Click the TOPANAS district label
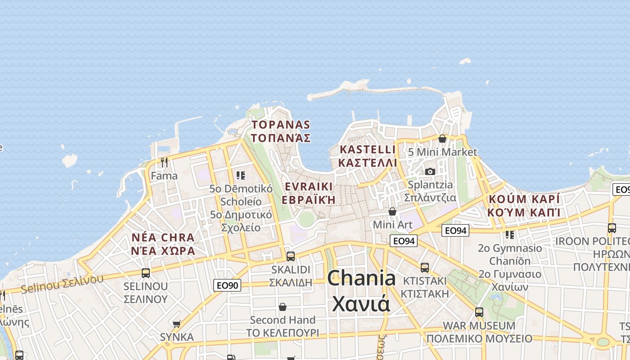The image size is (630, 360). pyautogui.click(x=281, y=131)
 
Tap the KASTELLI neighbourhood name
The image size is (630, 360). pyautogui.click(x=368, y=156)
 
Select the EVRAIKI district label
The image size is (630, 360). pyautogui.click(x=309, y=193)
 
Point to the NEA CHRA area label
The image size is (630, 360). pyautogui.click(x=163, y=244)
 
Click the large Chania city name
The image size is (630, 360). pyautogui.click(x=361, y=291)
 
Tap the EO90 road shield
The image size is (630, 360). pyautogui.click(x=227, y=285)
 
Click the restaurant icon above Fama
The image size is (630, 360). pyautogui.click(x=164, y=162)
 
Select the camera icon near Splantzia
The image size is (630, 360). pyautogui.click(x=430, y=171)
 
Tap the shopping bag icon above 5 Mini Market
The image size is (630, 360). pyautogui.click(x=442, y=139)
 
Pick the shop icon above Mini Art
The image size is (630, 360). pyautogui.click(x=392, y=211)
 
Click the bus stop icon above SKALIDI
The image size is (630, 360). pyautogui.click(x=291, y=256)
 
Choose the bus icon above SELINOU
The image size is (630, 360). pyautogui.click(x=146, y=273)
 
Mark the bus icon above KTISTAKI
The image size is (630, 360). pyautogui.click(x=424, y=268)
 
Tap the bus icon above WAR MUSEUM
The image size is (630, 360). pyautogui.click(x=479, y=312)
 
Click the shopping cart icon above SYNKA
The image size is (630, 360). pyautogui.click(x=177, y=324)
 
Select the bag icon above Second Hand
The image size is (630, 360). pyautogui.click(x=283, y=307)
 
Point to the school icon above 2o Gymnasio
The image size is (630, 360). pyautogui.click(x=510, y=234)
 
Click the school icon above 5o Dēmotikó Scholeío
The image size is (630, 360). pyautogui.click(x=241, y=175)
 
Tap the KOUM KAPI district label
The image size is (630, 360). pyautogui.click(x=524, y=205)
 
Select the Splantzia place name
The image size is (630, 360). pyautogui.click(x=430, y=191)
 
